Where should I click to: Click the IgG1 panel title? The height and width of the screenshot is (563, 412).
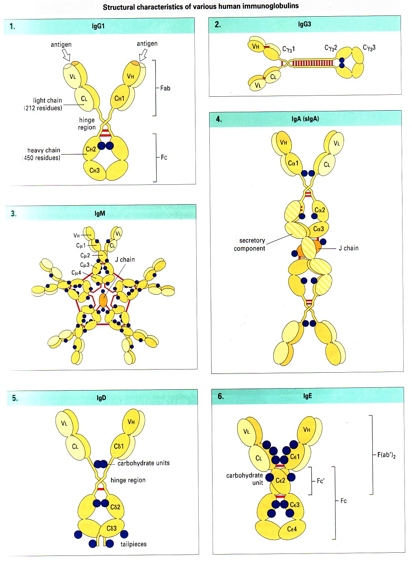click(98, 26)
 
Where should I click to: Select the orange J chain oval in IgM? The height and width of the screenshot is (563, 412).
click(103, 300)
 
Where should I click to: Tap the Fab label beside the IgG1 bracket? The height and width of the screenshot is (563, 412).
click(165, 88)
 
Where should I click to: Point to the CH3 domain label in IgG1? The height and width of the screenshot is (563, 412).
click(94, 170)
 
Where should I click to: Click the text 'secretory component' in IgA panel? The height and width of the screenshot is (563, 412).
click(249, 244)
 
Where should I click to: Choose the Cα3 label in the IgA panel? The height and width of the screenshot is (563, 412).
click(318, 229)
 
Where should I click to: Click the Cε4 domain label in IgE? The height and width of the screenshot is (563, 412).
click(292, 529)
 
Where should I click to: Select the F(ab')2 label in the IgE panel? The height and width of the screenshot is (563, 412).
click(386, 455)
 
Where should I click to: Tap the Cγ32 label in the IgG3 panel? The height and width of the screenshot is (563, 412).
click(331, 48)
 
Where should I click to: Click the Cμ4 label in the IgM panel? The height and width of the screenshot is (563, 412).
click(76, 273)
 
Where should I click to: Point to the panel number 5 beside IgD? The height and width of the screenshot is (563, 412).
click(15, 398)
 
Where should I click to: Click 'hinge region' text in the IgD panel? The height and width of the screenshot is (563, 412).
click(128, 480)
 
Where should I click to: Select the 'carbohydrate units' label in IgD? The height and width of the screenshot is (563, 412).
click(144, 463)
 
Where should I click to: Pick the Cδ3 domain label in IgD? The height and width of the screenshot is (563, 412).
click(111, 529)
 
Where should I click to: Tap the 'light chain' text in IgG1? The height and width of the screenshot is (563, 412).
click(48, 101)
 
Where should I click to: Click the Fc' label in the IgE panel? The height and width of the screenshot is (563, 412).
click(321, 481)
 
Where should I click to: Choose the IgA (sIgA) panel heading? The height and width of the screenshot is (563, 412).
click(305, 119)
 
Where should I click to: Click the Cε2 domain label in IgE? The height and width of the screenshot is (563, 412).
click(280, 481)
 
